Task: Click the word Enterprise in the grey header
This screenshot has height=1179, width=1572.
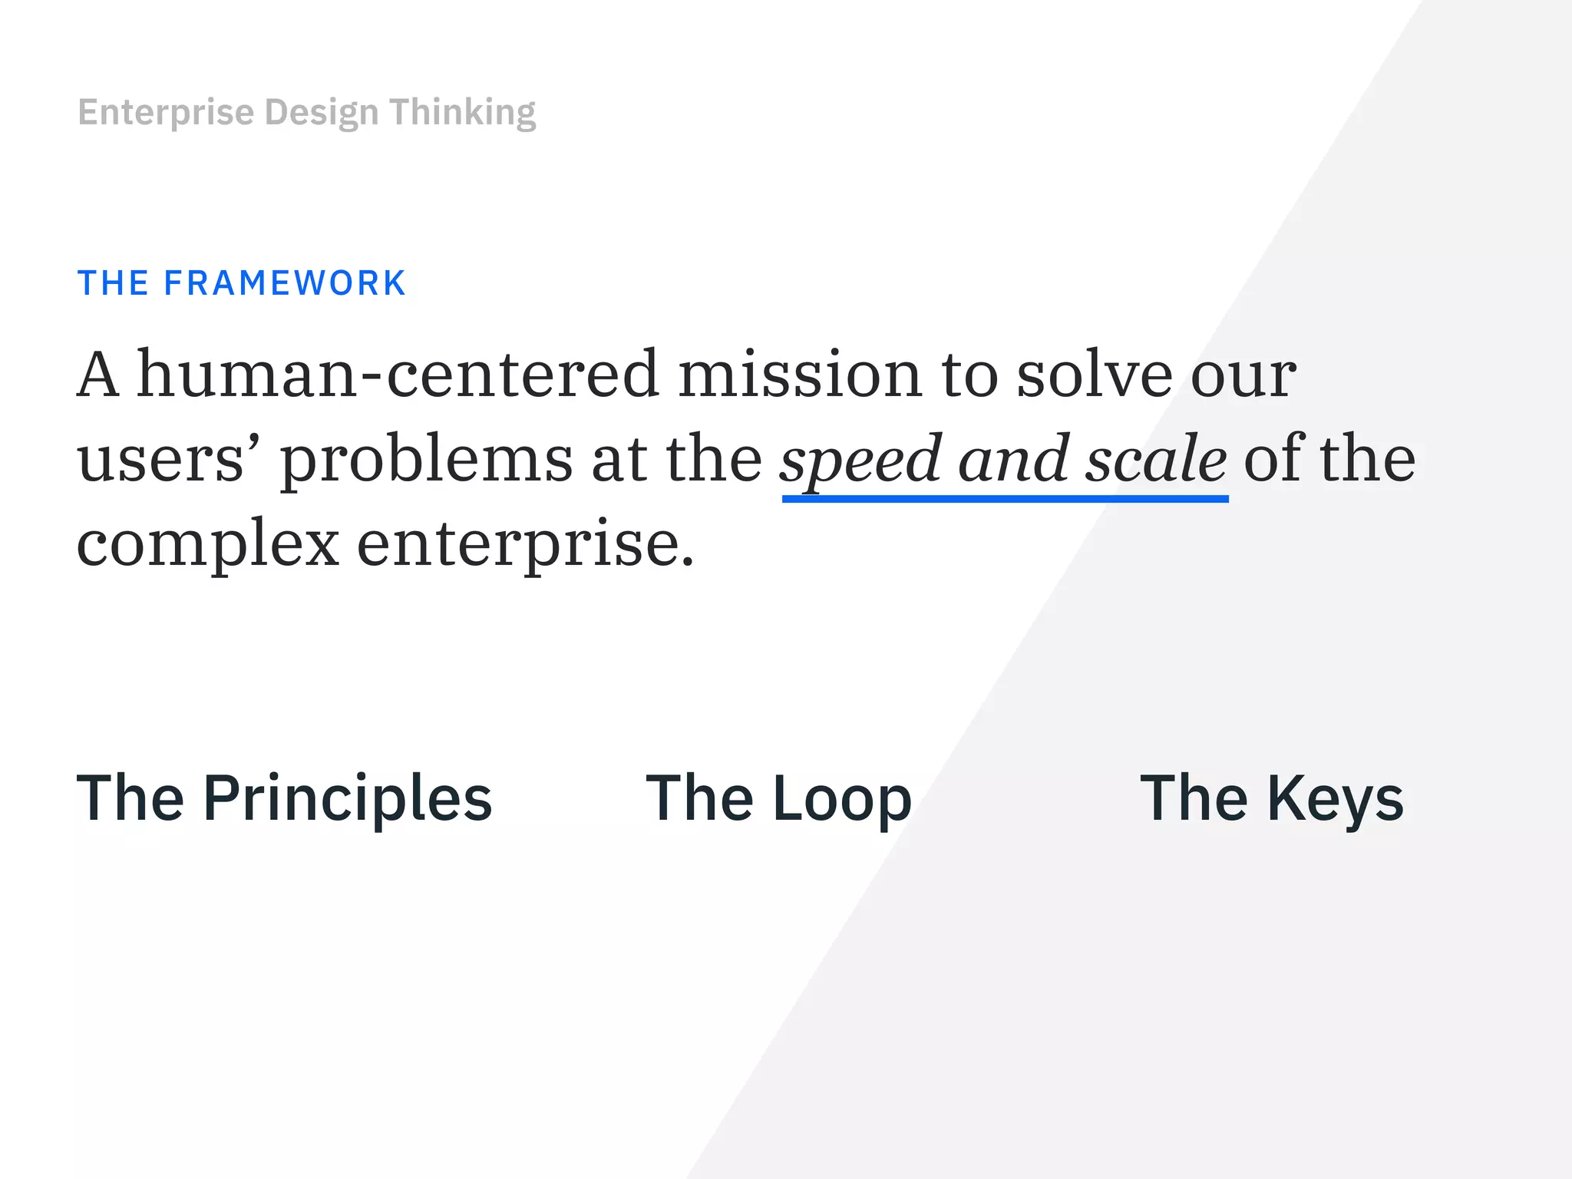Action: (166, 113)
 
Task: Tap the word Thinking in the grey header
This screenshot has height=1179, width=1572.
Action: (462, 113)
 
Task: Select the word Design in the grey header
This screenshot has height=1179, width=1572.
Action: (322, 113)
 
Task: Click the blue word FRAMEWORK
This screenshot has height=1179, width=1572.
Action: (285, 283)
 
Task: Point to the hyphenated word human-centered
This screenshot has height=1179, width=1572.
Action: (398, 374)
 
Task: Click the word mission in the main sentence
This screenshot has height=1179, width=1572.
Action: (800, 374)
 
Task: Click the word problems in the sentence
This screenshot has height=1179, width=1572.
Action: (426, 459)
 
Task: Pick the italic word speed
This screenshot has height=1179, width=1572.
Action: (860, 459)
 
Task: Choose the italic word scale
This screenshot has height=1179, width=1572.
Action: (1156, 459)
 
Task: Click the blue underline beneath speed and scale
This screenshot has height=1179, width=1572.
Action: (1005, 499)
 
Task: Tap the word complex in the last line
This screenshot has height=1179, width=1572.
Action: (208, 543)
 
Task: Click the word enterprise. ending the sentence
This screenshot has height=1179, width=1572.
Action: (525, 543)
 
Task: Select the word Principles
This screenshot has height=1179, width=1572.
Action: (347, 799)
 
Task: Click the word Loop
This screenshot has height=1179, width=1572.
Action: (842, 799)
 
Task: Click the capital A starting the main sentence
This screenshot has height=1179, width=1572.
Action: (98, 374)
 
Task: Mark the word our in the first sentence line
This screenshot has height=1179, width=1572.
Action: (1243, 374)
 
